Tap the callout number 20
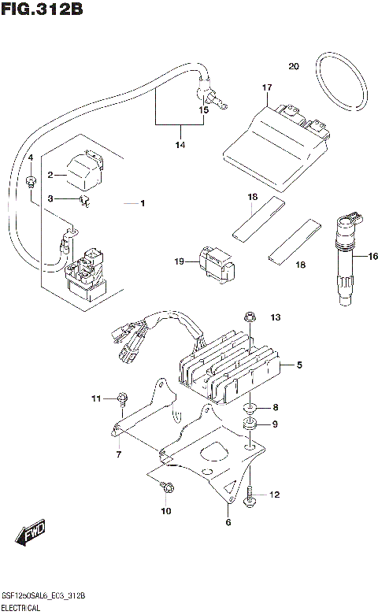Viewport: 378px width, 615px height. [294, 66]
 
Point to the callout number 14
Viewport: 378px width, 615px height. [180, 145]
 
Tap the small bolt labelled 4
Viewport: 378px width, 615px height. [30, 183]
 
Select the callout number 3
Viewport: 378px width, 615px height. [50, 199]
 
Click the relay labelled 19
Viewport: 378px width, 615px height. [213, 262]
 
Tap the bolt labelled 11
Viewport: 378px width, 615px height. [122, 398]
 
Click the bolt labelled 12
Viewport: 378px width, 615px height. [250, 496]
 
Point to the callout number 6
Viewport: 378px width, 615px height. [228, 522]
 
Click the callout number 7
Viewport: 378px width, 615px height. [118, 454]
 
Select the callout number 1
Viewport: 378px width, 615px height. [143, 204]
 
